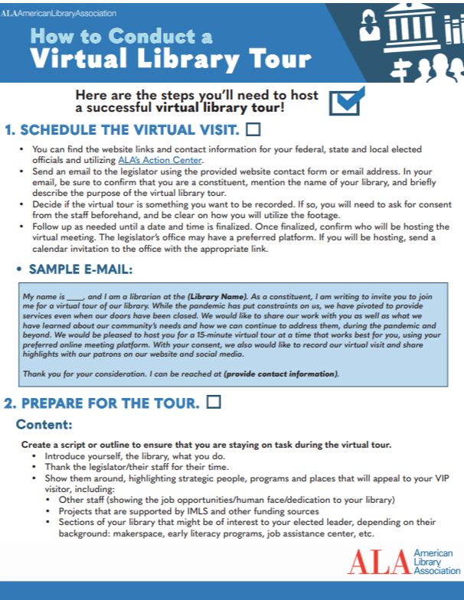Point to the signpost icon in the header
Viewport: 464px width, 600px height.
pos(400,71)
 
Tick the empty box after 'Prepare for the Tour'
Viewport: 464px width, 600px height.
pos(215,402)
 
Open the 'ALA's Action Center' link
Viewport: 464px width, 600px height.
pos(160,161)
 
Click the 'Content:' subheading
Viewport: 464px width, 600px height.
pos(44,423)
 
